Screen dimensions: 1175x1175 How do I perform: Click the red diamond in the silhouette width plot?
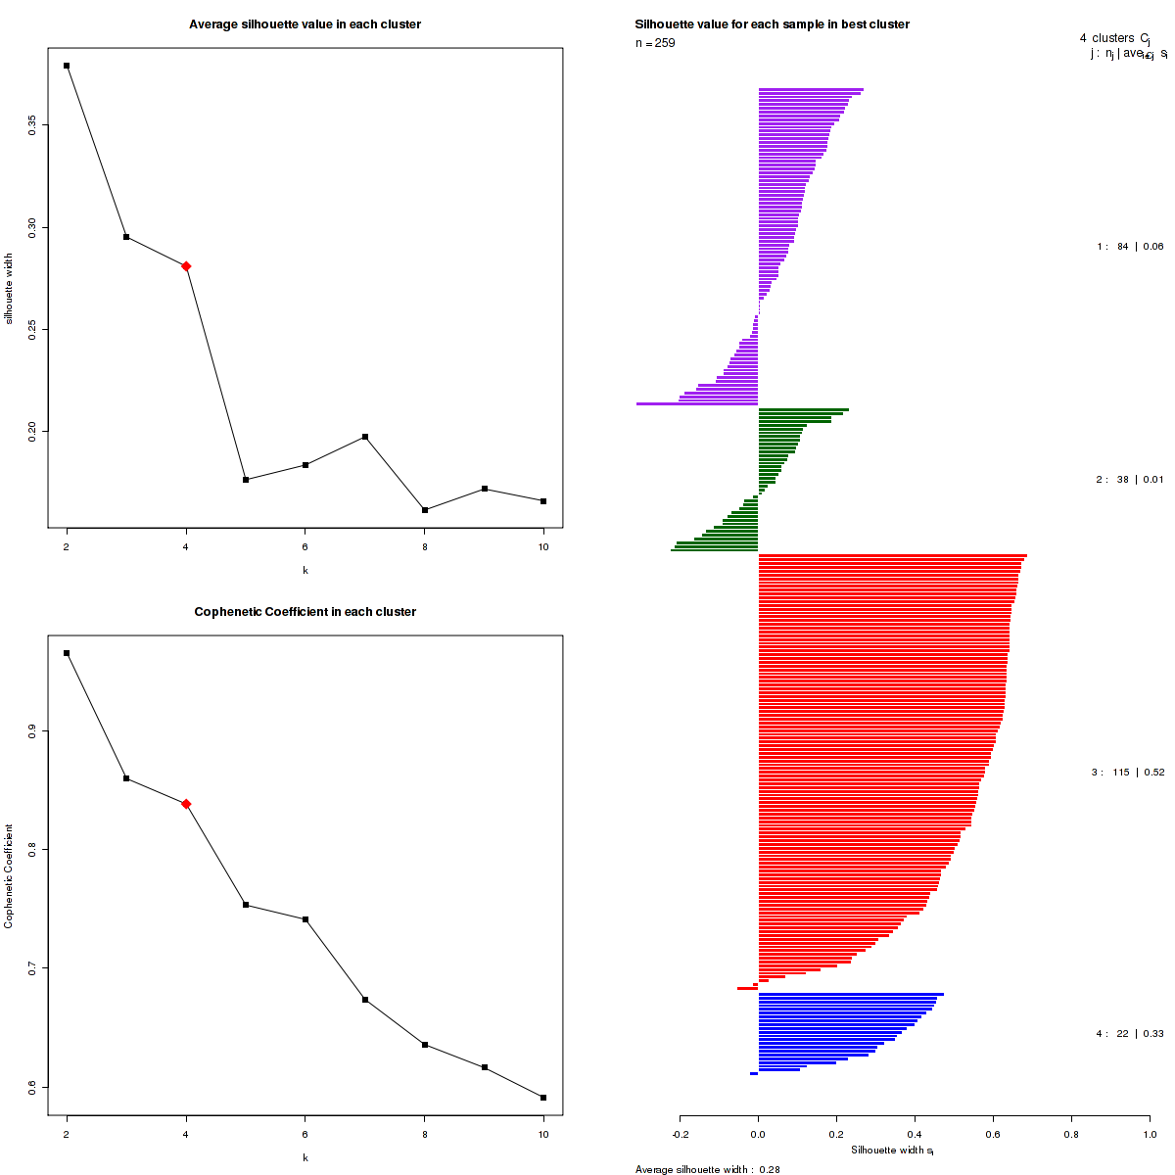[186, 266]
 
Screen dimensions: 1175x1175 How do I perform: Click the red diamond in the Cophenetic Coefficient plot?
[186, 804]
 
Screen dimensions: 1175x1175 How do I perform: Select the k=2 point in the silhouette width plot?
[67, 66]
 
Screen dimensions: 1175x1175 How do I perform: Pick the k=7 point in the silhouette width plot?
[365, 437]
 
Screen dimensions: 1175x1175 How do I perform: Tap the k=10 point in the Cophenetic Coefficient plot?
[543, 1098]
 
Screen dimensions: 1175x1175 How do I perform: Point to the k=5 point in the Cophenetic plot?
[246, 905]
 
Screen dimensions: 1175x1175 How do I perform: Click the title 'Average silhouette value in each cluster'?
[305, 24]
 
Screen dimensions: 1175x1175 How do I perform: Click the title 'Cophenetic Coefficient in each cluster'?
[305, 612]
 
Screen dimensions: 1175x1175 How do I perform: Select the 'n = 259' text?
[655, 43]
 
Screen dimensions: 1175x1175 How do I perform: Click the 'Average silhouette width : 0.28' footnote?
[707, 1169]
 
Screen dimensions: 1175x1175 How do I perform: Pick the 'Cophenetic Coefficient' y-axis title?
[9, 875]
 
